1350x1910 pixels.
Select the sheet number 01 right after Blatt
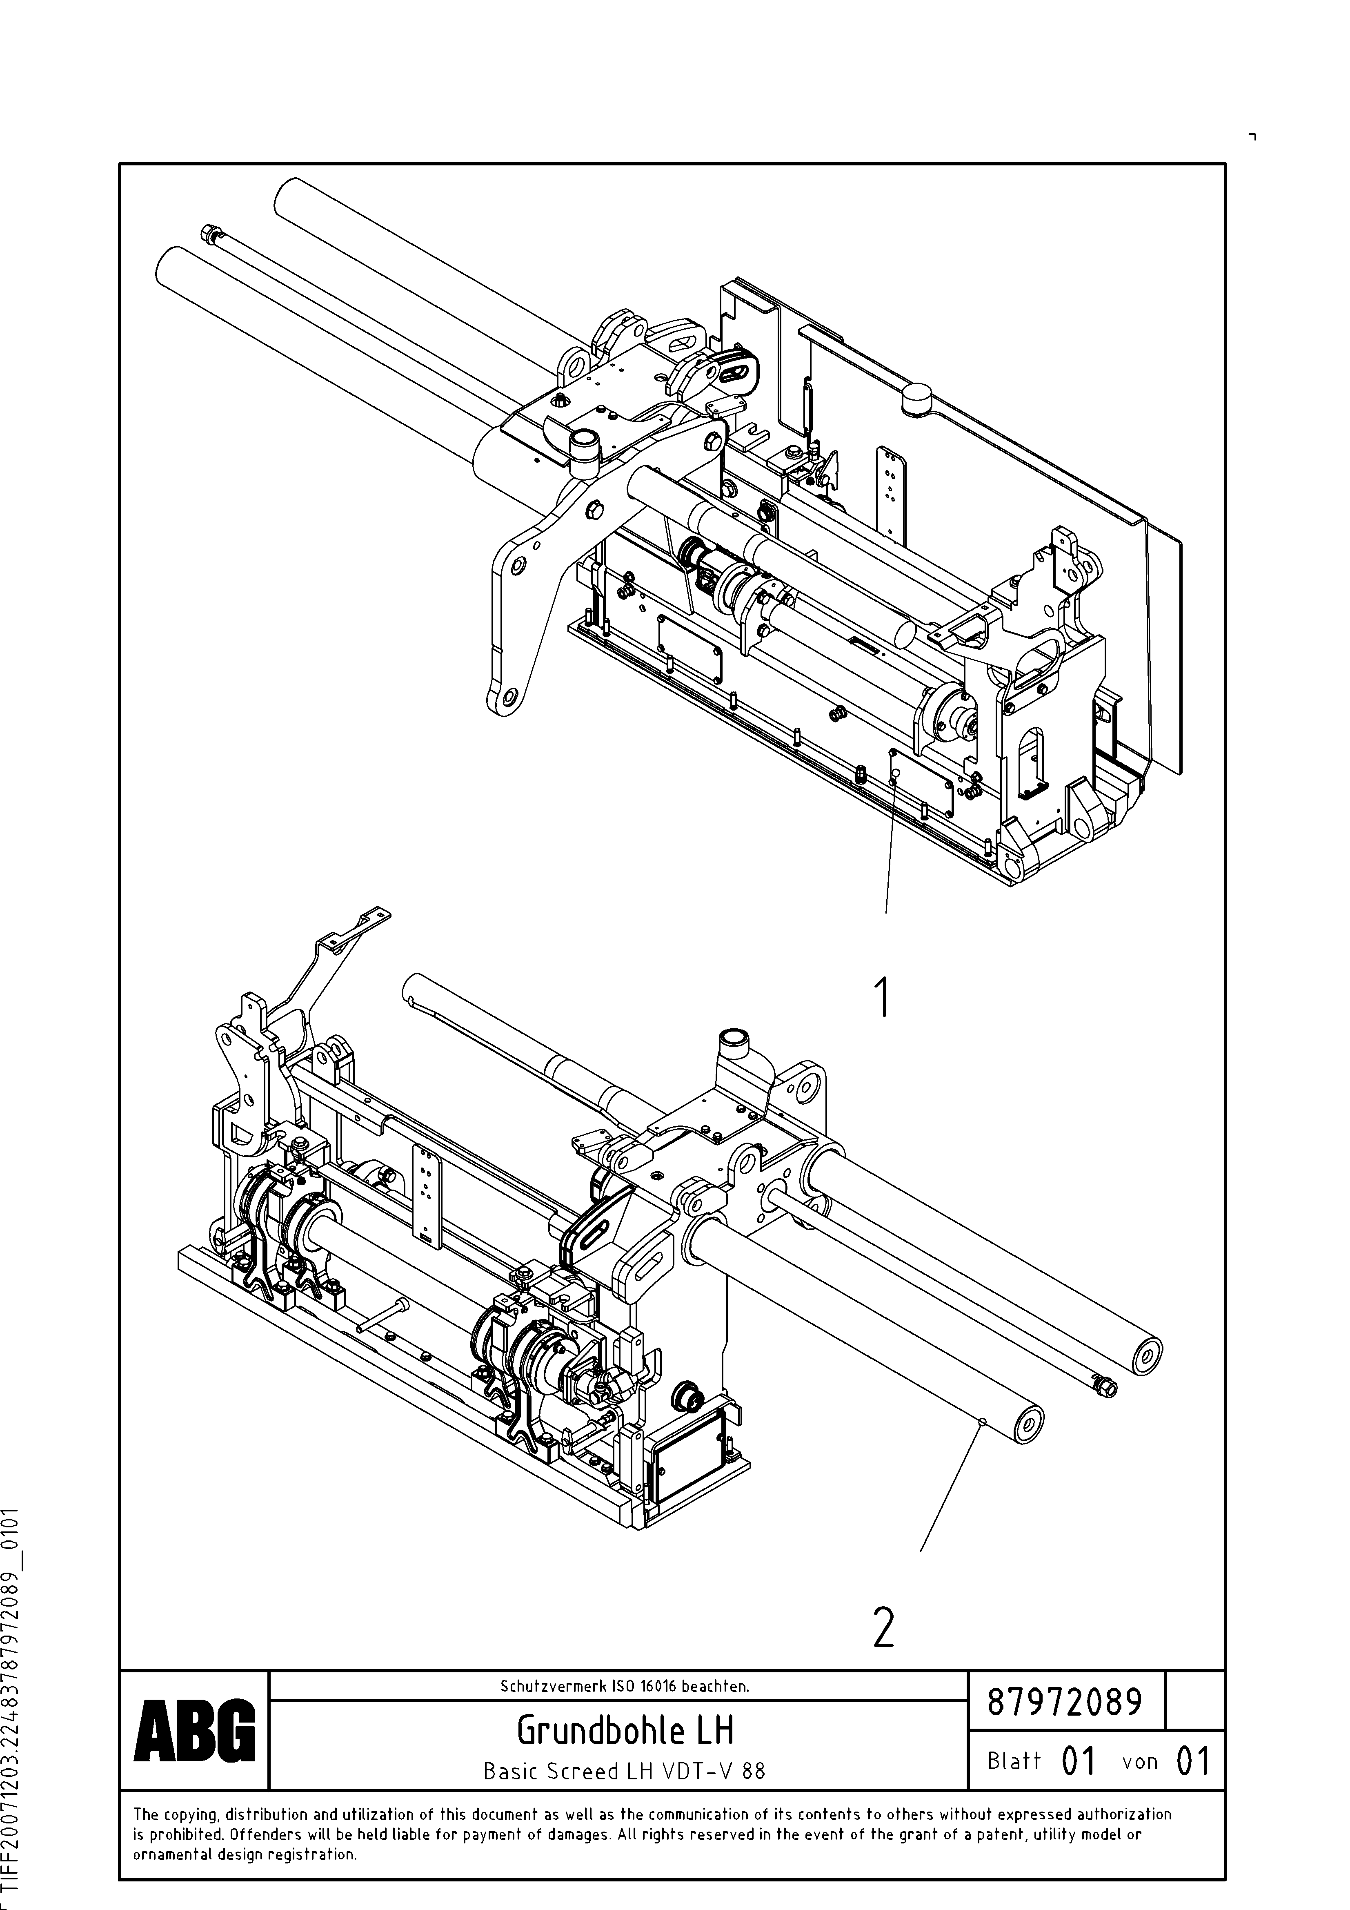click(1079, 1761)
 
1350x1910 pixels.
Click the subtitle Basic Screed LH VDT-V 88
click(624, 1770)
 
